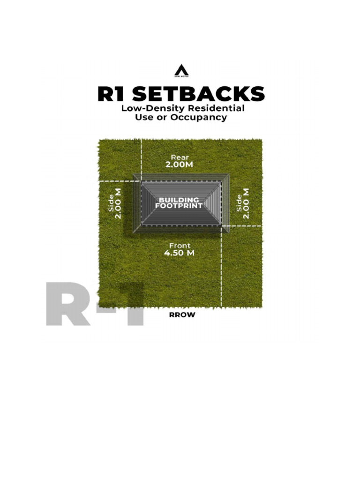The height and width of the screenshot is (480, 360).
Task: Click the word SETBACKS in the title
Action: point(199,94)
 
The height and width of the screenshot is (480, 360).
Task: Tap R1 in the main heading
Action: point(112,94)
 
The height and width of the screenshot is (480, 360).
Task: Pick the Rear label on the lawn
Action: point(180,157)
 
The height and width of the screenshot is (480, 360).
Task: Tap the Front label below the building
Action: point(180,245)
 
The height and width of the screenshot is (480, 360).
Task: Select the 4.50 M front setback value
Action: point(179,253)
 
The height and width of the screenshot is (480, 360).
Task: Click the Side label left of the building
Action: point(111,203)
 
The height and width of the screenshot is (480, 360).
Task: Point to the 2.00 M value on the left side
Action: point(119,203)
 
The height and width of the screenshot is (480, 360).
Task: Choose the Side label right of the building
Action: point(240,203)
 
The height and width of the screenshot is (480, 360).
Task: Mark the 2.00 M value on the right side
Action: point(247,203)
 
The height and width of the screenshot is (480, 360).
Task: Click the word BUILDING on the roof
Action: point(179,200)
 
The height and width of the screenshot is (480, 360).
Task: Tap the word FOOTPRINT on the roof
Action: point(179,206)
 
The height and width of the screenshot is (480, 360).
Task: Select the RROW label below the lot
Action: point(182,315)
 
